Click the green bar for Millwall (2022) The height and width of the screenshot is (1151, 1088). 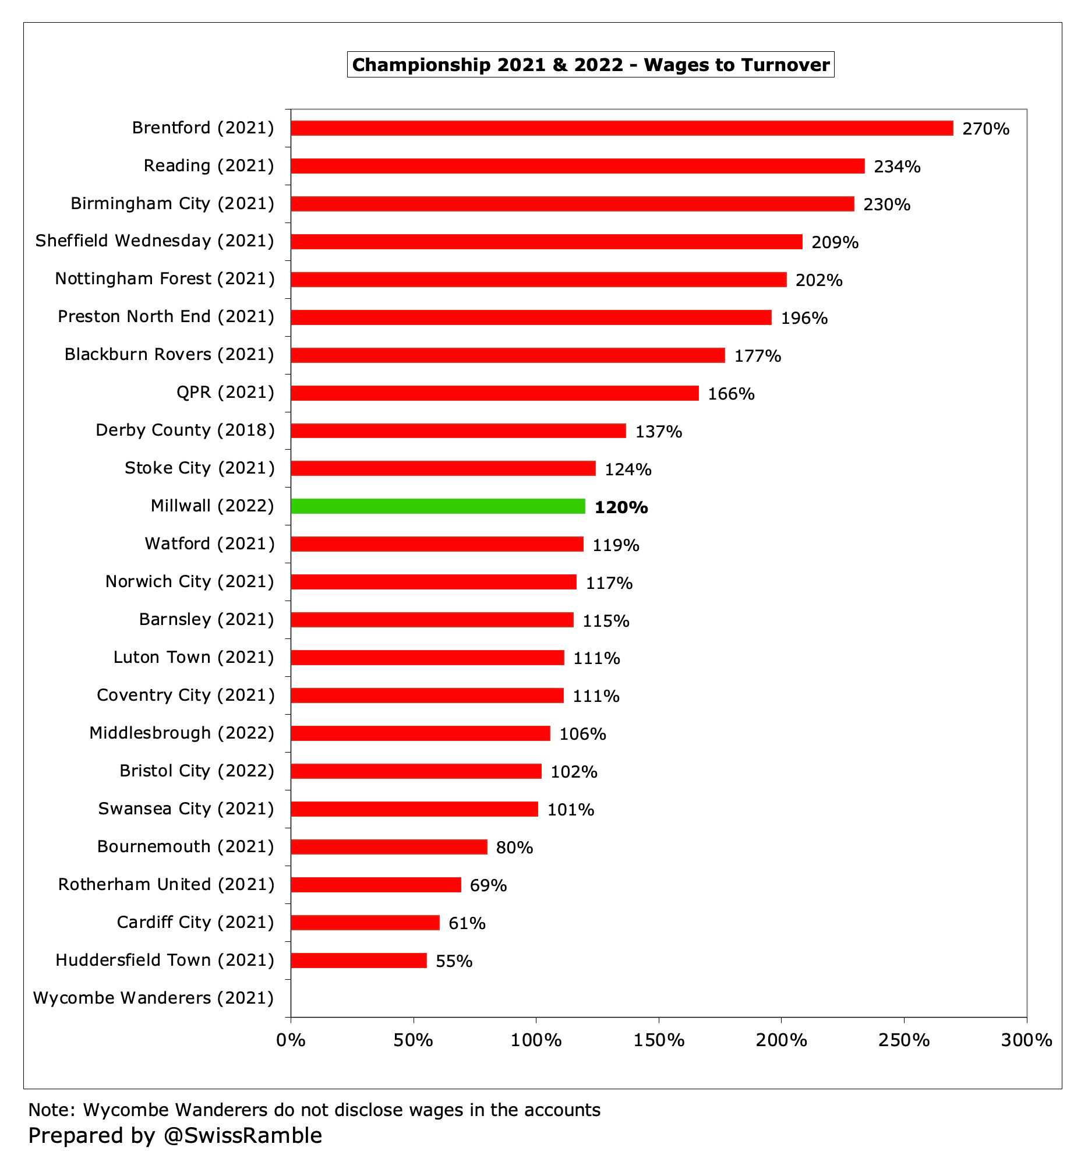pyautogui.click(x=438, y=506)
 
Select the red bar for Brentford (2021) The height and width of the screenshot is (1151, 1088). pyautogui.click(x=621, y=128)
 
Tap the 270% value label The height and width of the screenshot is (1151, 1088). pyautogui.click(x=985, y=129)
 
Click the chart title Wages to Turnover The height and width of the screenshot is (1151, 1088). pyautogui.click(x=591, y=65)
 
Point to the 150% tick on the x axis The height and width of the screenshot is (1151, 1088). pyautogui.click(x=659, y=1040)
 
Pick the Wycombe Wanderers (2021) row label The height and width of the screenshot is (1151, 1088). pyautogui.click(x=154, y=998)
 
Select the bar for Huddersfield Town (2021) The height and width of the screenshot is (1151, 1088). pyautogui.click(x=359, y=961)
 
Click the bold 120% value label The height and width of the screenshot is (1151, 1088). pyautogui.click(x=621, y=507)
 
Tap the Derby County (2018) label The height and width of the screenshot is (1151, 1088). pyautogui.click(x=185, y=430)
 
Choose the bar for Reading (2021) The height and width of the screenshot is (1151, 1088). pyautogui.click(x=577, y=166)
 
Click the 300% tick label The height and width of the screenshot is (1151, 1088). pyautogui.click(x=1026, y=1040)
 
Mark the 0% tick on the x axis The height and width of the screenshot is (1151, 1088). pyautogui.click(x=291, y=1040)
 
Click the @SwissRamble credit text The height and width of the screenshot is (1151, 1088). pyautogui.click(x=242, y=1135)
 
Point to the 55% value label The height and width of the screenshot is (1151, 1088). pyautogui.click(x=454, y=961)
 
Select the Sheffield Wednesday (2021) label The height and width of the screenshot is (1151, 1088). pyautogui.click(x=154, y=241)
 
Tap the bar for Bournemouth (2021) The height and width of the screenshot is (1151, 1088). pyautogui.click(x=389, y=847)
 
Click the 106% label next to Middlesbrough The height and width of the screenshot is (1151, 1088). pyautogui.click(x=582, y=734)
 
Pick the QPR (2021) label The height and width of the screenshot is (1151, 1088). pyautogui.click(x=225, y=393)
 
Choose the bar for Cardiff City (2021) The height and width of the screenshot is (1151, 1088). pyautogui.click(x=365, y=923)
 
